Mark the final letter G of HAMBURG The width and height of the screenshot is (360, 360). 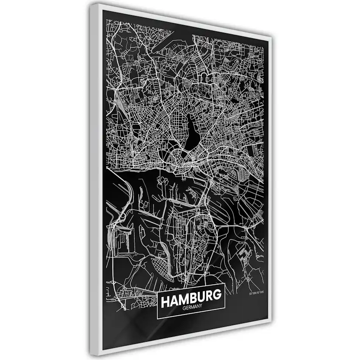pyautogui.click(x=217, y=300)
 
